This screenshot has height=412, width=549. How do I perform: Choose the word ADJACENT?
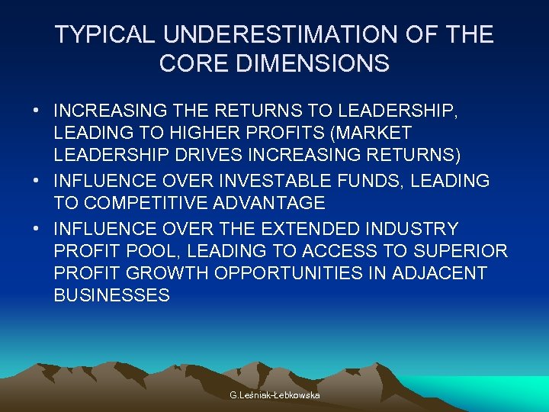[x=440, y=273]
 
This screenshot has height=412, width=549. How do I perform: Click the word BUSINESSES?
[x=112, y=296]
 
